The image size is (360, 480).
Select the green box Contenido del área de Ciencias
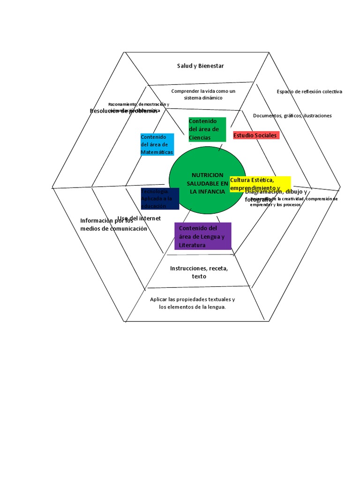coord(207,129)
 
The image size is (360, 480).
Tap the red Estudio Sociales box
coord(256,135)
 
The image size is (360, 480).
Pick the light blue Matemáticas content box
coord(157,144)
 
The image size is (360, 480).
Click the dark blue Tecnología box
coord(160,198)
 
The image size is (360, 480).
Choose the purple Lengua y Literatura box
coord(202,236)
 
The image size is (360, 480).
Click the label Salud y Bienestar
coord(200,66)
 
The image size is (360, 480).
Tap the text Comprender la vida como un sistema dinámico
coord(203,94)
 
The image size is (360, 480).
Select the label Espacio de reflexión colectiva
coord(309,91)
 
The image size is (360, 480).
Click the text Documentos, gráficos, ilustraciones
coord(292,115)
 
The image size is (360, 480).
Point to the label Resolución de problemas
coord(123,111)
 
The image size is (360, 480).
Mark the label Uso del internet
coord(139,218)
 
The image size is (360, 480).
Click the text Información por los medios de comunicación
coord(113,225)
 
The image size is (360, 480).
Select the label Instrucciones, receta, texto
coord(199,272)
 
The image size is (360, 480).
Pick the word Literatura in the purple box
coord(192,245)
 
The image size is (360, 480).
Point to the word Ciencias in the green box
coord(200,137)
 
